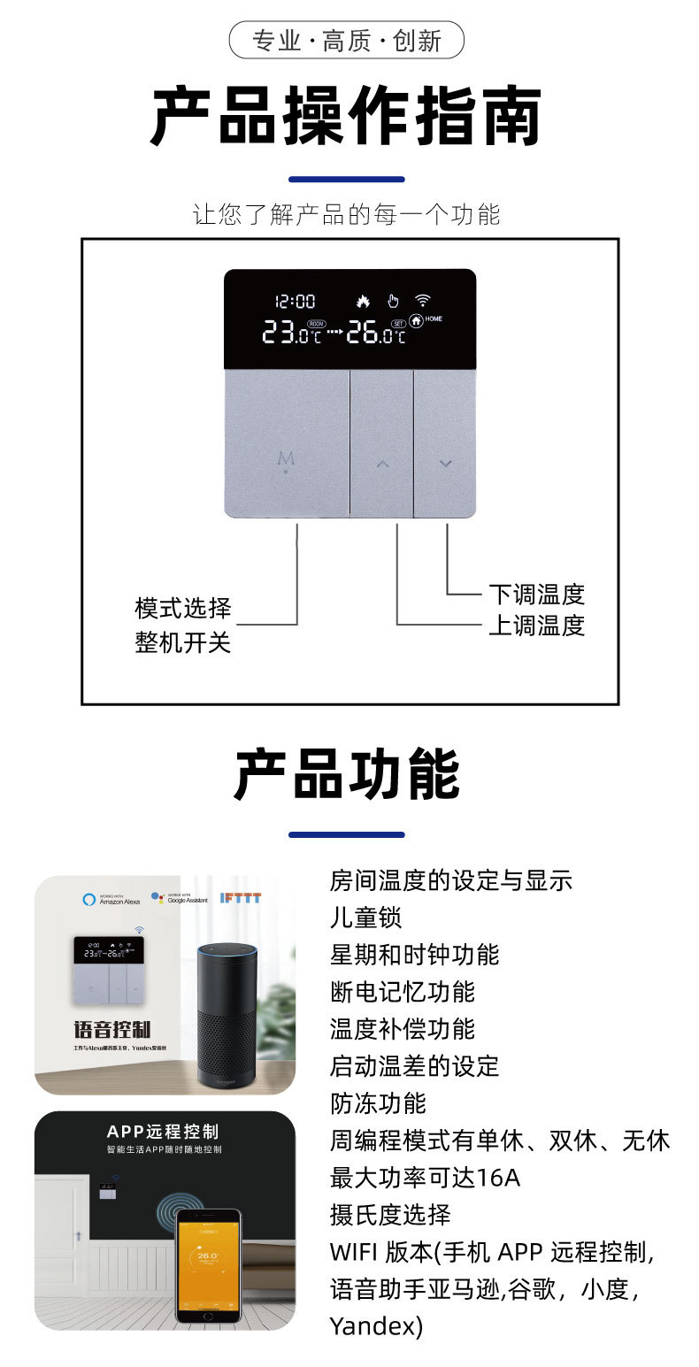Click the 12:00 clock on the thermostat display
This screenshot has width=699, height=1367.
tap(295, 302)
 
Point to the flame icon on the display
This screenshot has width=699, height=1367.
tap(362, 301)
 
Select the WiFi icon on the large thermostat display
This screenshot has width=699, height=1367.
tap(423, 300)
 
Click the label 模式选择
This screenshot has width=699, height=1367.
tap(183, 609)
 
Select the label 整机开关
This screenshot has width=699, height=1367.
tap(183, 642)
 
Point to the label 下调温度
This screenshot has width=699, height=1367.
tap(536, 594)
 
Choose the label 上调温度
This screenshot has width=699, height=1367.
tap(536, 626)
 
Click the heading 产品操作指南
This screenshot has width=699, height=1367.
tap(346, 117)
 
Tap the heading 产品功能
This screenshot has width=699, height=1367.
tap(346, 774)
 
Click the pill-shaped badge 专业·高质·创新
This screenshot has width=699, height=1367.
tap(346, 41)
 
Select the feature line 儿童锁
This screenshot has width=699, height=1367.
tap(365, 918)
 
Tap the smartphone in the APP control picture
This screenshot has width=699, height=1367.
tap(208, 1265)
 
